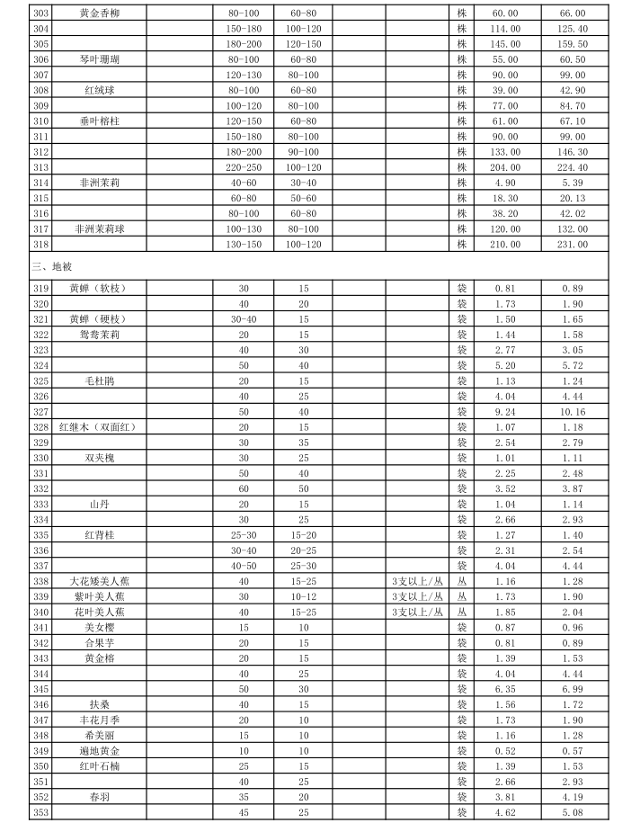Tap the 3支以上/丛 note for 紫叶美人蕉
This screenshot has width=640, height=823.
(417, 595)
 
